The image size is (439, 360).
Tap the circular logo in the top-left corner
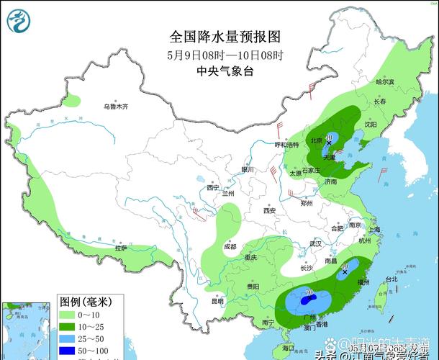[19, 19]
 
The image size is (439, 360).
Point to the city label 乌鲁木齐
[114, 107]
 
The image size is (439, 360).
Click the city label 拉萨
[120, 248]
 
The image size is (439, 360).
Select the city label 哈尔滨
[385, 83]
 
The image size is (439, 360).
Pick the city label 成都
[230, 246]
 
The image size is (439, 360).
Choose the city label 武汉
[315, 244]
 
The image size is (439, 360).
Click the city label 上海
[373, 230]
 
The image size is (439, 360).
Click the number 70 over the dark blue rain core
[309, 292]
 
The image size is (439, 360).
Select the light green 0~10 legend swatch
[66, 315]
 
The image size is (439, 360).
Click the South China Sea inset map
[27, 328]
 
